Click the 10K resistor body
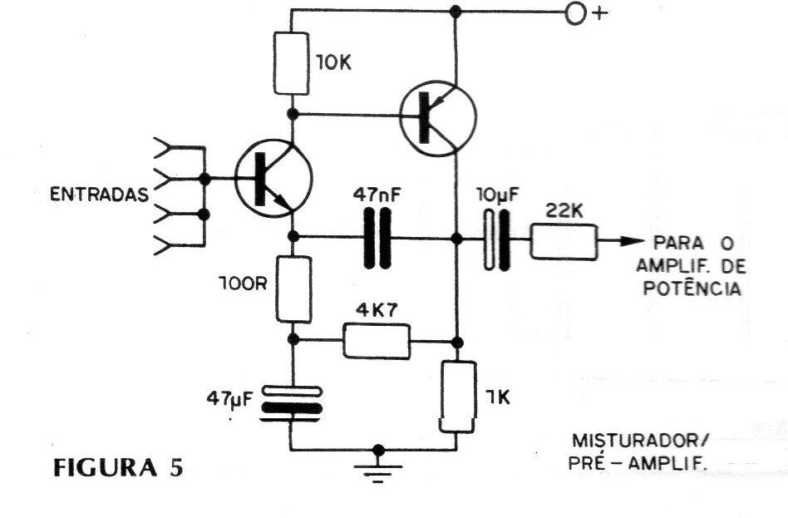click(x=291, y=63)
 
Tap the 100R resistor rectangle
click(x=293, y=289)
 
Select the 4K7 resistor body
click(x=377, y=342)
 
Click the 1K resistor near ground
click(x=457, y=397)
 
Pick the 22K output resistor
click(x=564, y=242)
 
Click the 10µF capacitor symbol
click(x=496, y=240)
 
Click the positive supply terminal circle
click(x=575, y=13)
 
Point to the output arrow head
click(x=632, y=241)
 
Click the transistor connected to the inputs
click(x=274, y=178)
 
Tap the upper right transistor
click(x=438, y=118)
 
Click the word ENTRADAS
click(x=99, y=194)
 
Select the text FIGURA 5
click(x=118, y=468)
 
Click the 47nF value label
click(x=377, y=194)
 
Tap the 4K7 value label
click(x=377, y=310)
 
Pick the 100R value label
click(x=243, y=284)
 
